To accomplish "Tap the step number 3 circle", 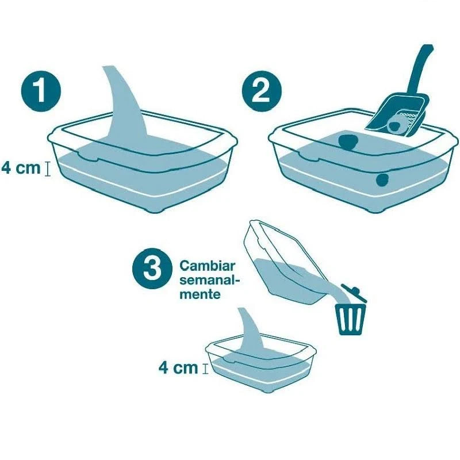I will pos(151,269).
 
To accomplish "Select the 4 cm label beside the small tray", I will pos(178,367).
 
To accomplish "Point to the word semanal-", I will pos(209,281).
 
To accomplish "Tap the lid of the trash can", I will pos(353,292).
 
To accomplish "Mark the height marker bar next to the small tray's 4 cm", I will pos(205,368).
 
